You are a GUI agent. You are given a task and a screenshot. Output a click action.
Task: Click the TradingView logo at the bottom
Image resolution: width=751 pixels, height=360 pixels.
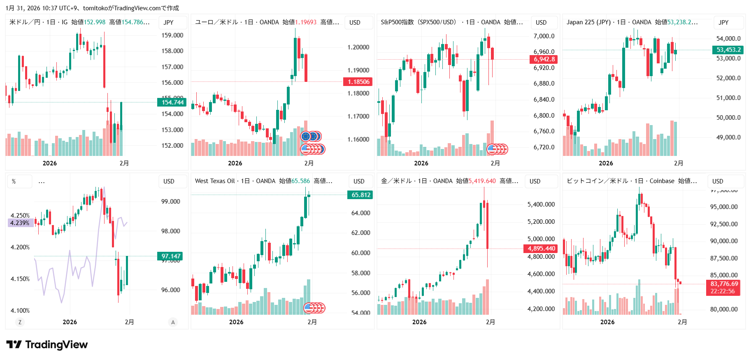[47, 345]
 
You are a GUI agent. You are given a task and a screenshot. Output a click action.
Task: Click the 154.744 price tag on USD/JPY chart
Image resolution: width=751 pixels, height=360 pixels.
[172, 102]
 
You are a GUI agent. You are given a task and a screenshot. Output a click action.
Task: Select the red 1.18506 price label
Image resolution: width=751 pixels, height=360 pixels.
[358, 82]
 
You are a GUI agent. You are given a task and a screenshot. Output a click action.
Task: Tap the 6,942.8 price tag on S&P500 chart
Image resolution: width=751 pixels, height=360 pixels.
[544, 59]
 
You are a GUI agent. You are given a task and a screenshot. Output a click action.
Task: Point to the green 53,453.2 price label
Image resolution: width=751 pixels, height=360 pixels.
[728, 50]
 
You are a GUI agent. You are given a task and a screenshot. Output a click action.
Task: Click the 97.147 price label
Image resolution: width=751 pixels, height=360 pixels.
[170, 256]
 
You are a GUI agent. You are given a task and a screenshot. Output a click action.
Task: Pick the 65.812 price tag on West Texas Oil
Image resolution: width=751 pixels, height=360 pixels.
[360, 195]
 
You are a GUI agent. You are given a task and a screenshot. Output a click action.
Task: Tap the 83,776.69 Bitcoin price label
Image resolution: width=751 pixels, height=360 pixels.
[724, 284]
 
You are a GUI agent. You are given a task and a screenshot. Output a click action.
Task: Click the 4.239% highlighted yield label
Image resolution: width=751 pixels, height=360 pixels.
[20, 223]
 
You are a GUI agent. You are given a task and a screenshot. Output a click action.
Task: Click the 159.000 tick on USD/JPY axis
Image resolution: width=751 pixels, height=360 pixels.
[172, 35]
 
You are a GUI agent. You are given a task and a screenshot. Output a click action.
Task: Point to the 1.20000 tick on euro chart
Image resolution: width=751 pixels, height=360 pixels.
[358, 47]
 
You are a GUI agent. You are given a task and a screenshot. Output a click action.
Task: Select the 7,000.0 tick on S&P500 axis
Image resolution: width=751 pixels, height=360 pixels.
[544, 36]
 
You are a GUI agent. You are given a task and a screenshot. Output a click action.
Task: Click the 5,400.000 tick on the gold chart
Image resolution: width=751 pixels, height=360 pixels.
[541, 204]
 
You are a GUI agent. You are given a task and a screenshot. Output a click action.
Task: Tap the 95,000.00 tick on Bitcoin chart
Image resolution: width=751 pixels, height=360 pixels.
[724, 207]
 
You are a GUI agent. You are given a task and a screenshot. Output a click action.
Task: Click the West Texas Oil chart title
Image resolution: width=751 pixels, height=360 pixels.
[214, 181]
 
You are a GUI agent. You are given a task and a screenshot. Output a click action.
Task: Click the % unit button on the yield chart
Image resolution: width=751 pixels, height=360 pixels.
[14, 181]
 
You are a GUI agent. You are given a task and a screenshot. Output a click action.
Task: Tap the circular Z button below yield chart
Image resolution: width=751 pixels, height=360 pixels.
[20, 322]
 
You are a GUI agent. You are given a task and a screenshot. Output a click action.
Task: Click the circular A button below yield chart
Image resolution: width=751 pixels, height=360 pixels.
[173, 322]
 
